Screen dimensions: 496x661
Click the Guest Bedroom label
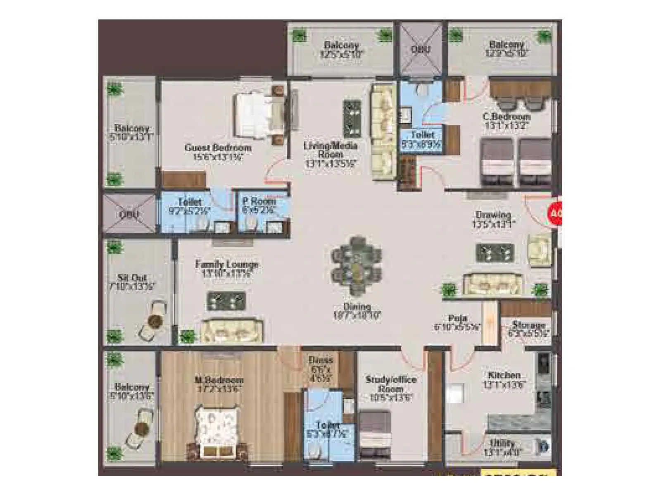(x=218, y=148)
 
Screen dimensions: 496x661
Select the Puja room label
(x=457, y=318)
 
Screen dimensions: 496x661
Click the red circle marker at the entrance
(x=555, y=214)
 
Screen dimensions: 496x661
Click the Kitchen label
(x=504, y=375)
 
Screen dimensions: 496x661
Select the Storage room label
(x=528, y=325)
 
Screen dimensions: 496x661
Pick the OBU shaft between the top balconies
(x=421, y=49)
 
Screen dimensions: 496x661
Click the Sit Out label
(x=132, y=278)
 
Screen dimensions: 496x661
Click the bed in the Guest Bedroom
(x=259, y=113)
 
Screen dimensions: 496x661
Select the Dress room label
(x=321, y=360)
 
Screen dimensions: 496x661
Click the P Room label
(x=259, y=201)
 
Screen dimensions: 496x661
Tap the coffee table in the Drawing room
(x=495, y=253)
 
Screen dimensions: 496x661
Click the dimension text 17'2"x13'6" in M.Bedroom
(x=219, y=389)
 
